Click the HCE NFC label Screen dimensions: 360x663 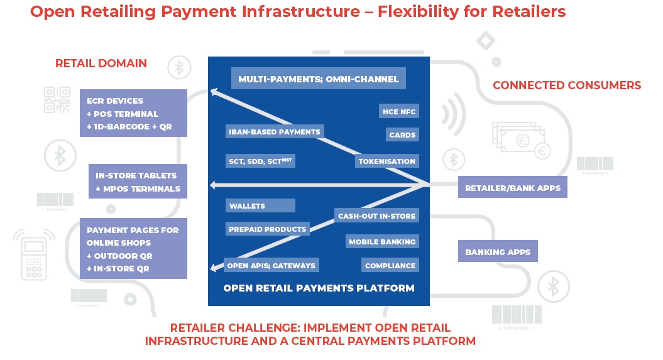click(x=399, y=112)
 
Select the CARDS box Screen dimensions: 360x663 click(x=402, y=135)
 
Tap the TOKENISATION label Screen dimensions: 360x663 click(x=386, y=161)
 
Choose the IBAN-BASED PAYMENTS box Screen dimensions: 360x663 click(x=273, y=132)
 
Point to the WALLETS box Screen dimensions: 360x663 click(x=260, y=206)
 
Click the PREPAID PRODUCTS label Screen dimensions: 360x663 click(x=267, y=229)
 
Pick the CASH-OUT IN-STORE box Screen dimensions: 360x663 click(x=376, y=216)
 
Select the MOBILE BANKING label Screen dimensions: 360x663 click(x=382, y=242)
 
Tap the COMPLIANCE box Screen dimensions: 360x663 click(x=390, y=266)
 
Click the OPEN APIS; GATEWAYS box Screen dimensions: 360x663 click(x=271, y=266)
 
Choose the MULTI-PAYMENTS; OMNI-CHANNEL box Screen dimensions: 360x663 click(x=318, y=80)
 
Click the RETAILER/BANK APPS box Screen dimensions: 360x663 click(x=512, y=188)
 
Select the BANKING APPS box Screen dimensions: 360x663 click(x=498, y=253)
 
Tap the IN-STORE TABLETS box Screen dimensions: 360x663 click(x=138, y=182)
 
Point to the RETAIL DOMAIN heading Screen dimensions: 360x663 click(x=101, y=63)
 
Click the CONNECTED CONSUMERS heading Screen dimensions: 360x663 click(x=566, y=85)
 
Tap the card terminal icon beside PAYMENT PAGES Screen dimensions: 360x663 click(x=33, y=254)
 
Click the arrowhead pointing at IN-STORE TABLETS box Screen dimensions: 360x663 click(x=214, y=185)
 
